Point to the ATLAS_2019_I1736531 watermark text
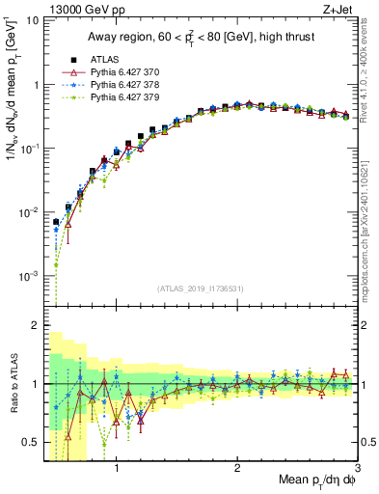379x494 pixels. pos(200,288)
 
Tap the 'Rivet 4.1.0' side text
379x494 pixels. pos(370,73)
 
